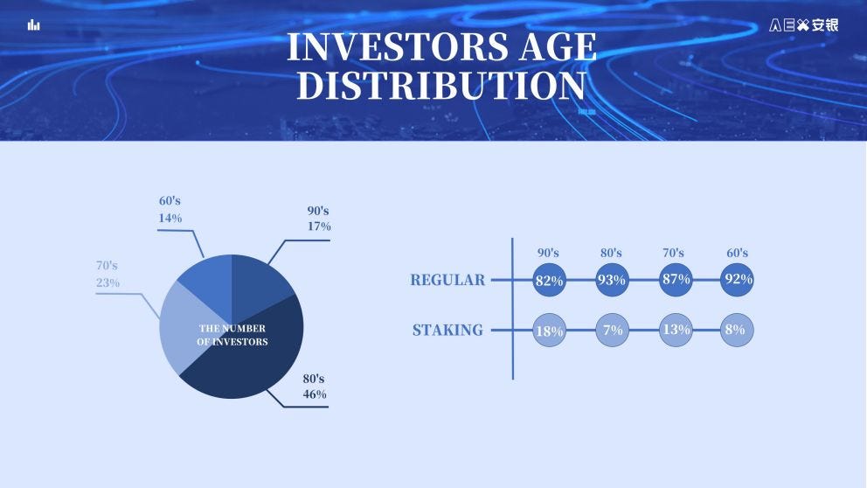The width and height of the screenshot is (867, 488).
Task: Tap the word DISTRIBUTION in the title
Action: click(x=441, y=86)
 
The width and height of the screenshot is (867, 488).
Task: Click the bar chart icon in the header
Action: click(x=34, y=24)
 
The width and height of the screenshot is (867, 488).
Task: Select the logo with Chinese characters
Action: click(x=803, y=24)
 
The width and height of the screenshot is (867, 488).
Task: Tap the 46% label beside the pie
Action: click(x=315, y=394)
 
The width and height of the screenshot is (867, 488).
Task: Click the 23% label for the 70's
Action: click(x=108, y=282)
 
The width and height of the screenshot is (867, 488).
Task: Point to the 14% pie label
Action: click(x=170, y=218)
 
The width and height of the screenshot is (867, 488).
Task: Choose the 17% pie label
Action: click(x=319, y=227)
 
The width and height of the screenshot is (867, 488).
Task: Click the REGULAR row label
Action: click(x=447, y=280)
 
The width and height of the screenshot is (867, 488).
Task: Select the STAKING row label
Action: click(x=447, y=331)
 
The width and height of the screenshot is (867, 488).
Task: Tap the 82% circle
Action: click(x=549, y=280)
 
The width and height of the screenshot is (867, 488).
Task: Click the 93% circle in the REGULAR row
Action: click(x=612, y=280)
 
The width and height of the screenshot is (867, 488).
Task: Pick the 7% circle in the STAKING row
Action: click(x=612, y=331)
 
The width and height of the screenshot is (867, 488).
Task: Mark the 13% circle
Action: click(x=676, y=331)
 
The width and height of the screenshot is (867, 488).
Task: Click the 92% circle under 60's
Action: click(x=737, y=280)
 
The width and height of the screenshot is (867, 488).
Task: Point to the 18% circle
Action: click(x=549, y=331)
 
